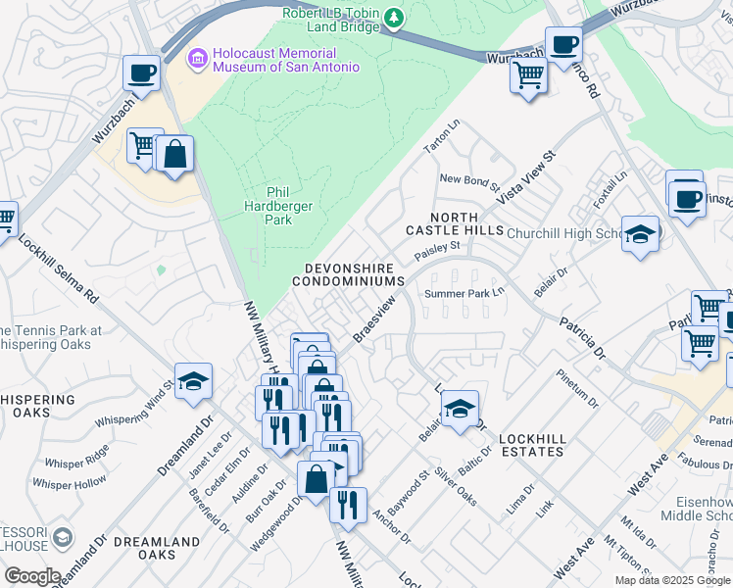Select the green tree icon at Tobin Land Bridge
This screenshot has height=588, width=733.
394,17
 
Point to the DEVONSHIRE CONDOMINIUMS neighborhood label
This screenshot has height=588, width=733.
349,274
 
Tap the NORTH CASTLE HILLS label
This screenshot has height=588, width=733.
454,223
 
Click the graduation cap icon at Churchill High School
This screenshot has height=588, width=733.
640,234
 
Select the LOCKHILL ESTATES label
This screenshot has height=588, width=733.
531,444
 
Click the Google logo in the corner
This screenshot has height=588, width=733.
31,576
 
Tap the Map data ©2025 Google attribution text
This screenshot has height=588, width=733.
672,580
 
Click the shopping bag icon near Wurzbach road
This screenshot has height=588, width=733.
174,154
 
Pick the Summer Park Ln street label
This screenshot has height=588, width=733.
464,293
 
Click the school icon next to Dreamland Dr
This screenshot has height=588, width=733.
193,381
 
